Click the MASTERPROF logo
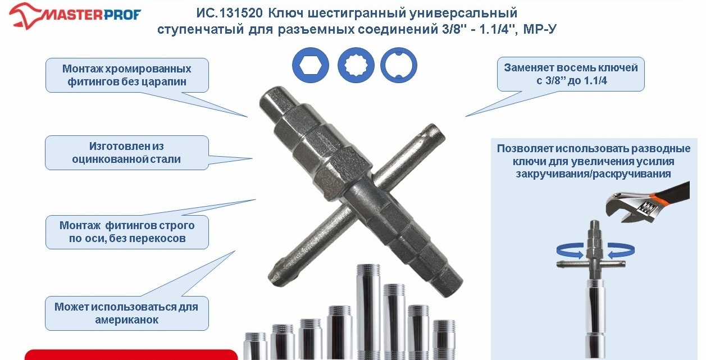75,16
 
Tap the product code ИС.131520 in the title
230,13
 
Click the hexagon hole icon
311,65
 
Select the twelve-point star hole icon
356,65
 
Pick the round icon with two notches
399,65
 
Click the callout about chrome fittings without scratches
127,75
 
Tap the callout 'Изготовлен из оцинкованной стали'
127,153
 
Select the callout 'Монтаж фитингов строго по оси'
127,232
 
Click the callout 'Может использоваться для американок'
127,313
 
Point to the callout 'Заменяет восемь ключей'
571,74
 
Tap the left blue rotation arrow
570,250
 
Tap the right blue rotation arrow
621,250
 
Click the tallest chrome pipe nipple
368,312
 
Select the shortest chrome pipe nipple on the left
256,346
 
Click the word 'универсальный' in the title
463,13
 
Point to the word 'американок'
127,320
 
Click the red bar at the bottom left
131,354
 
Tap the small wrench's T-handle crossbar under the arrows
591,264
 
